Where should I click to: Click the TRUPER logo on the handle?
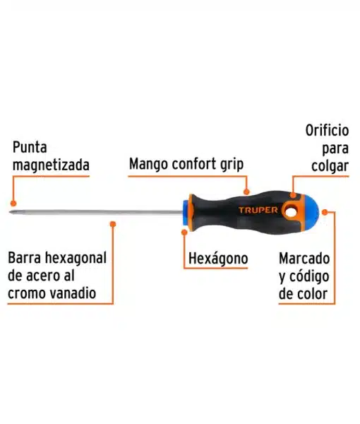coord(258,210)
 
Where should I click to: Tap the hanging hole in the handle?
coord(291,212)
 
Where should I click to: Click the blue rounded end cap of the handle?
coord(311,212)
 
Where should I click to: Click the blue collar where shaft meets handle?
coord(186,212)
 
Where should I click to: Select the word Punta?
coord(30,148)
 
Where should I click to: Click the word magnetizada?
coord(51,165)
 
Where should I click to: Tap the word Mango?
coord(148,164)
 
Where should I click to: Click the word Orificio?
coord(327,130)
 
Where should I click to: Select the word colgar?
coord(330,166)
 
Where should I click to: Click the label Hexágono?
coord(218,259)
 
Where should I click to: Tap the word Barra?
coord(25,258)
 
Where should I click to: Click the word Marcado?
coord(304,259)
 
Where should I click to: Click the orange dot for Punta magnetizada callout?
coord(13,204)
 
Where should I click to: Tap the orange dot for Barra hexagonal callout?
coord(113,224)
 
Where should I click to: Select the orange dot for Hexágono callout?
coord(184,232)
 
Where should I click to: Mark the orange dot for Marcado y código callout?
coord(325,212)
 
